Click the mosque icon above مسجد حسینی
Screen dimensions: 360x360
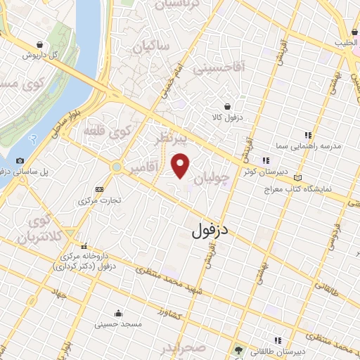[x=117, y=313]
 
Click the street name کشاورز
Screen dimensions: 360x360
[x=171, y=312]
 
